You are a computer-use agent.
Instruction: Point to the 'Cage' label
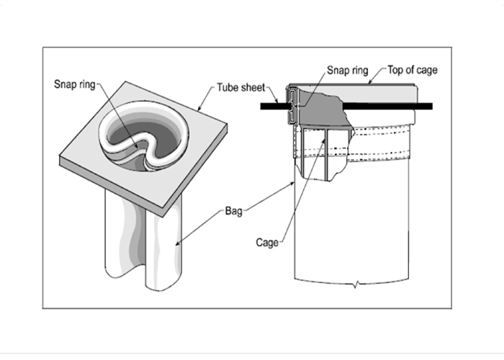pyautogui.click(x=268, y=243)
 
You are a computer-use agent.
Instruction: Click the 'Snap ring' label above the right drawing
pyautogui.click(x=347, y=71)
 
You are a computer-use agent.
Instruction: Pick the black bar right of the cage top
pyautogui.click(x=425, y=106)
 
